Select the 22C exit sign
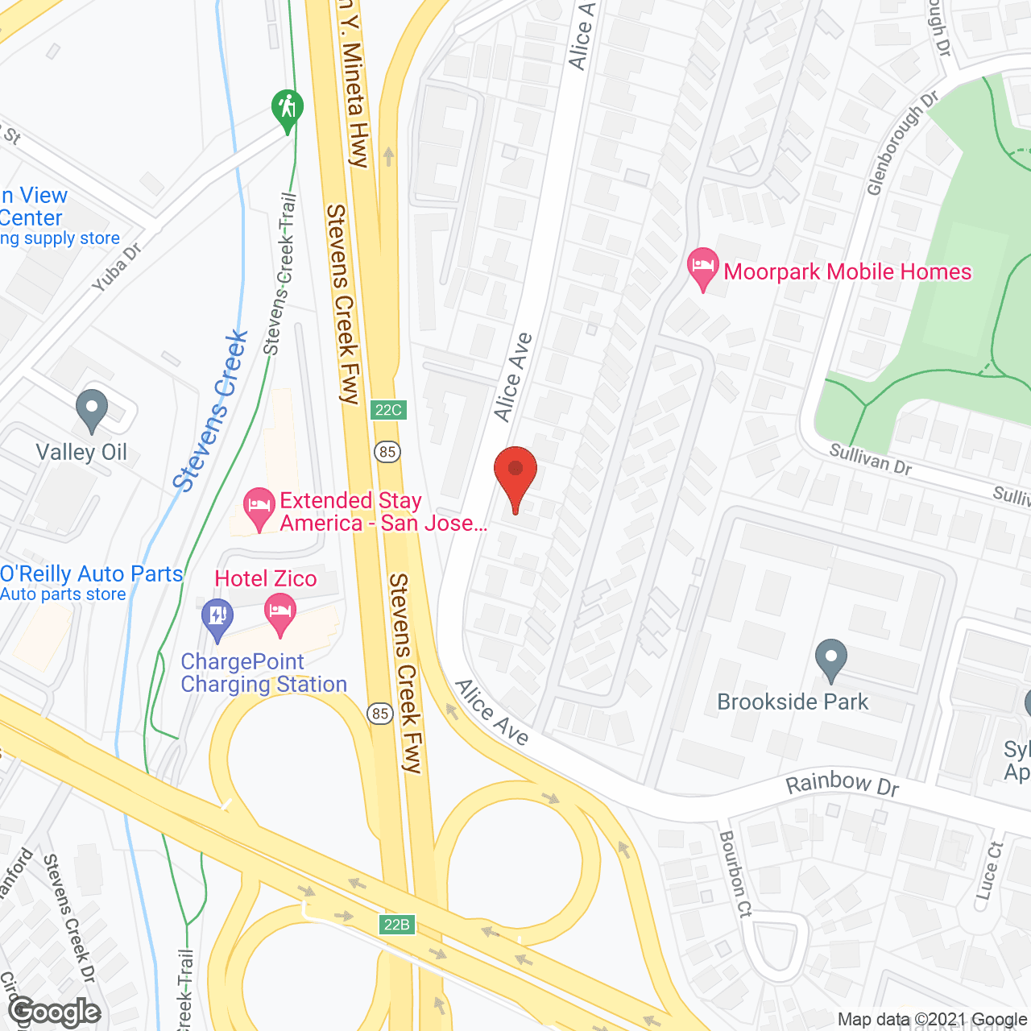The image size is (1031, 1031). coord(389,410)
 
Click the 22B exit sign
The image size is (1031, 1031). coord(396,924)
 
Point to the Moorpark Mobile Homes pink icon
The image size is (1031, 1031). coord(702,267)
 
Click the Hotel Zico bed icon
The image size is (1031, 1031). coord(279,614)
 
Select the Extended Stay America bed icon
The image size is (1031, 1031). coord(259,508)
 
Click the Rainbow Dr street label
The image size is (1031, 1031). coord(842,784)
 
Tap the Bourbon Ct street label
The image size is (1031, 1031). coord(735,874)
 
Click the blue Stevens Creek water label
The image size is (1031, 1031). coord(211,411)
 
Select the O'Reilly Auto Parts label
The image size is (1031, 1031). coord(92,574)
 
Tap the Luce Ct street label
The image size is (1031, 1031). coord(988,871)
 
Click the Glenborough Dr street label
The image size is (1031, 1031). coord(902,143)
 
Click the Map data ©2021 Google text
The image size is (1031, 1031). coord(932,1020)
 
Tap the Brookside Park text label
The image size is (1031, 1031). coord(793,702)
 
